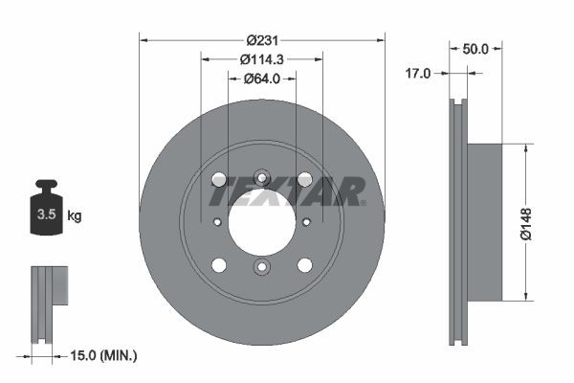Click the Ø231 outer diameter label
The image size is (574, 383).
click(261, 40)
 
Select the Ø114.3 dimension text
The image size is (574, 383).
click(261, 59)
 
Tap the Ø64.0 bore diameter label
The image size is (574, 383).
click(261, 79)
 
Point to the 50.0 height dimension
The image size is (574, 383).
click(475, 49)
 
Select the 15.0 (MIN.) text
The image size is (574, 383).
click(104, 355)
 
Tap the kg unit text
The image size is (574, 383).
click(75, 216)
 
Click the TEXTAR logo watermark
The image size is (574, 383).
click(287, 191)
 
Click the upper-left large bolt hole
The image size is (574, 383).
click(219, 179)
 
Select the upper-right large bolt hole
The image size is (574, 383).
click(304, 179)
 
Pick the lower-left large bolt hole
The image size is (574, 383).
click(219, 265)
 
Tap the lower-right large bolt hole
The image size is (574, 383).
click(304, 265)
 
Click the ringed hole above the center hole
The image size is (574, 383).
click(261, 177)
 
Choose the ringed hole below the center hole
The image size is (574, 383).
click(261, 267)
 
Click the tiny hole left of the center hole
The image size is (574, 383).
click(217, 222)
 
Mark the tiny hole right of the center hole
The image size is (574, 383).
click(306, 222)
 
